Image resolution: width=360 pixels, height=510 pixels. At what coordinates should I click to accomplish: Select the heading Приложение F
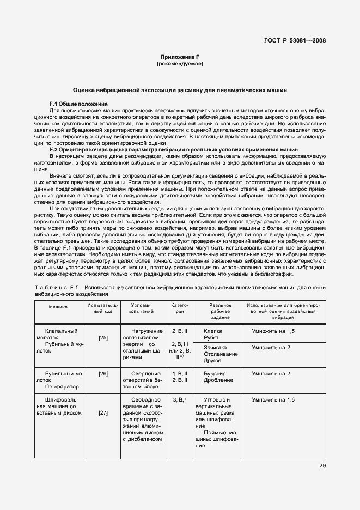pos(180,57)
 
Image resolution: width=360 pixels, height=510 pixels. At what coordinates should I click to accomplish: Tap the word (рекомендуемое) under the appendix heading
pos(180,64)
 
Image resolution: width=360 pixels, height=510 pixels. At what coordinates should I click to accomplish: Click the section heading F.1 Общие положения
pos(78,104)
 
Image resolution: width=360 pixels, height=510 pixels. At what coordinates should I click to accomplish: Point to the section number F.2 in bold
pos(55,149)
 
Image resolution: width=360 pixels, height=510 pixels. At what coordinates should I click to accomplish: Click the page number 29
pos(322,465)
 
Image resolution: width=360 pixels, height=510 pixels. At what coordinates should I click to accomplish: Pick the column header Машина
pos(58,307)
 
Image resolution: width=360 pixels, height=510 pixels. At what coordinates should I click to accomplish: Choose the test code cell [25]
pos(103,338)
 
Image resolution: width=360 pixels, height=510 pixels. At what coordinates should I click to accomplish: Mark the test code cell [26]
pos(103,374)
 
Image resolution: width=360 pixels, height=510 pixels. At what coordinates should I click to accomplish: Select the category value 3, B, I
pos(180,400)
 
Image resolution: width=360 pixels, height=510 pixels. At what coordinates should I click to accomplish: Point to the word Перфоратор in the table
pos(63,387)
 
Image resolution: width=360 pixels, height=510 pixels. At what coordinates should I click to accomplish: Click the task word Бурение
pos(214,374)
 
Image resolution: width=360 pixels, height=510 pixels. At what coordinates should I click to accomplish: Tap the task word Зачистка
pos(216,348)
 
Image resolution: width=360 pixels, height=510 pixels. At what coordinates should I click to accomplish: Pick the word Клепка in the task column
pos(213,331)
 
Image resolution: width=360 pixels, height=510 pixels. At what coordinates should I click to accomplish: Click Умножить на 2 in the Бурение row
pos(271,374)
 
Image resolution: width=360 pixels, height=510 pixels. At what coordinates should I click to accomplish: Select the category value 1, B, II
pos(180,373)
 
